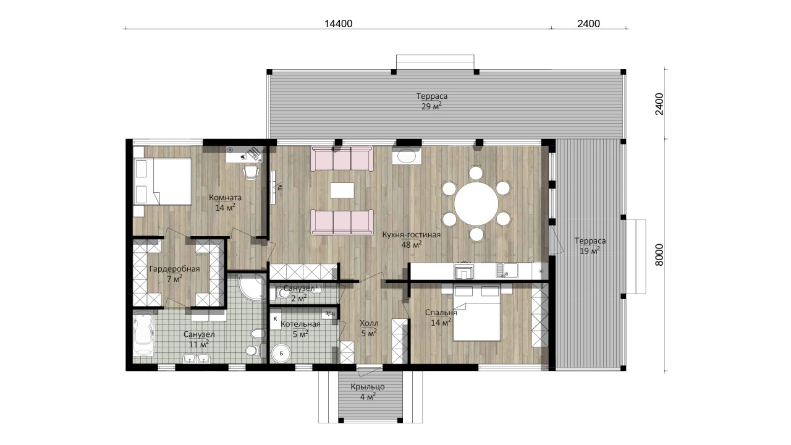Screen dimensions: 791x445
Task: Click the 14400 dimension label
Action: point(338,23)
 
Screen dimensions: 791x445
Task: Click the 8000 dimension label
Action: point(659,255)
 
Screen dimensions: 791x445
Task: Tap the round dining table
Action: point(476,204)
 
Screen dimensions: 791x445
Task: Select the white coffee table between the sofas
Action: point(342,190)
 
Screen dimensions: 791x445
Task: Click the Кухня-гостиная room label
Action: point(412,235)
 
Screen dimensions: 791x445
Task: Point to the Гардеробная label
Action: point(174,269)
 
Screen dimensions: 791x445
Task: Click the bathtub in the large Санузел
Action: point(143,333)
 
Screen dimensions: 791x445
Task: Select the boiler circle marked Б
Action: point(281,353)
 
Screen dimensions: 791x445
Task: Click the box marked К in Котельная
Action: point(276,318)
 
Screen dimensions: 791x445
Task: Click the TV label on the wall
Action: point(280,187)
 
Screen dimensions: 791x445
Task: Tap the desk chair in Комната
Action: point(251,172)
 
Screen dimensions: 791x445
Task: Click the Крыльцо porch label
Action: point(368,387)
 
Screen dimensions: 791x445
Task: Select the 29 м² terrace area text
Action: point(431,106)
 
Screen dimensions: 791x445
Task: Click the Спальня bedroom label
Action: point(441,313)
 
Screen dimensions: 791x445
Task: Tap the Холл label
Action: point(369,323)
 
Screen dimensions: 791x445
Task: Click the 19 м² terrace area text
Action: point(590,251)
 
